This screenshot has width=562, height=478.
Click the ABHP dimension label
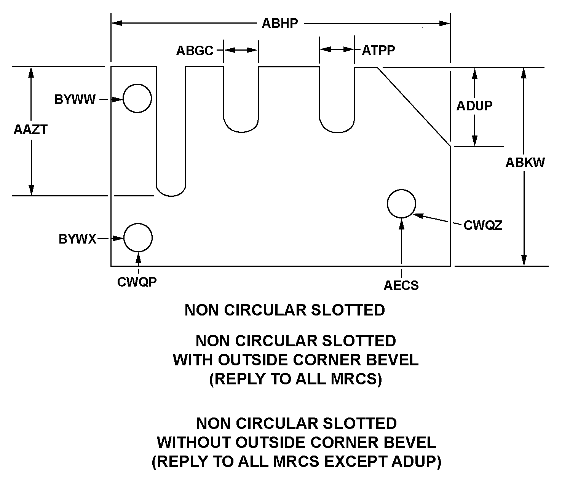pos(280,23)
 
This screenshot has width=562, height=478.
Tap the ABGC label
pos(195,51)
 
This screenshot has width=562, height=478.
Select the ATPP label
pos(378,50)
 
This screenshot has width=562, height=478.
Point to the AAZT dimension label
pos(30,130)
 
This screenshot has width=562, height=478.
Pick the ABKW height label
pos(525,163)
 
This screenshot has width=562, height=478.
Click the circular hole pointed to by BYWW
pos(137,99)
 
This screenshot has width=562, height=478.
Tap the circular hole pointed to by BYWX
pos(138,237)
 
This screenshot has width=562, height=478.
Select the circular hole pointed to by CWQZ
pos(401,204)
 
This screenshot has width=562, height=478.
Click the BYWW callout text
pos(75,100)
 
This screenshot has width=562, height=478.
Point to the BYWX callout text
pos(77,239)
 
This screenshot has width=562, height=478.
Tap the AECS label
pos(401,285)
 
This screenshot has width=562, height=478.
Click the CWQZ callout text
pos(483,225)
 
